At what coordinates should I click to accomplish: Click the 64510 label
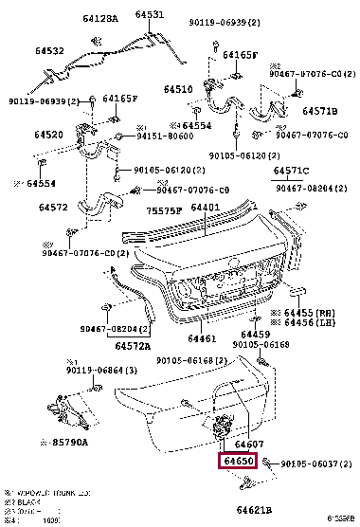tap(177, 90)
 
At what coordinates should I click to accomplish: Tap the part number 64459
tap(254, 334)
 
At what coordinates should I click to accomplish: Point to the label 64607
tap(249, 444)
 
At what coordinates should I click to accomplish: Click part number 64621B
tap(257, 509)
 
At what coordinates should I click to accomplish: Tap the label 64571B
tap(318, 111)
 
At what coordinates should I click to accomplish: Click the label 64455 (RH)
tap(297, 311)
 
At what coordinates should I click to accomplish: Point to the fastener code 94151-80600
tap(155, 136)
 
